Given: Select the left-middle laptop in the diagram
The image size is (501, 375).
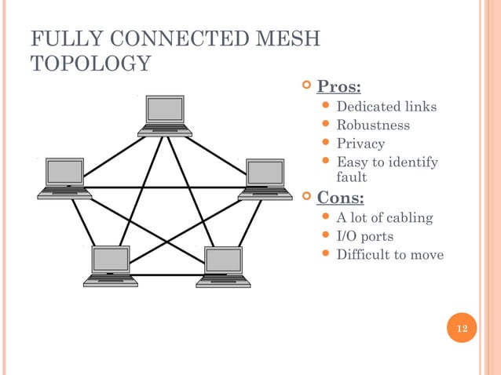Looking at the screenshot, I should tap(65, 177).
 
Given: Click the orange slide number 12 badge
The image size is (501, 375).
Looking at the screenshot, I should tap(461, 328).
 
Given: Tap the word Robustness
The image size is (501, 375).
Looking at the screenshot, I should tap(373, 126).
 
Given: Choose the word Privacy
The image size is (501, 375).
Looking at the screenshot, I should tap(360, 144).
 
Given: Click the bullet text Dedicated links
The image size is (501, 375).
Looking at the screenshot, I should tap(386, 107).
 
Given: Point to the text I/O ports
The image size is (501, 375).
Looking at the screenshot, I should tap(364, 236).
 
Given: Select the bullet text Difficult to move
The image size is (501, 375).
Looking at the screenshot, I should tap(389, 255).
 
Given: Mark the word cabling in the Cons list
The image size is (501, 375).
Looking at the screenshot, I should tap(408, 218).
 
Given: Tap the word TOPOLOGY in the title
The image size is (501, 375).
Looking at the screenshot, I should tap(89, 64).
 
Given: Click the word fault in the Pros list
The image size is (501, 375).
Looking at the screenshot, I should tap(352, 177).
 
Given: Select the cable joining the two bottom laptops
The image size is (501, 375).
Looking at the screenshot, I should tap(166, 275).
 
